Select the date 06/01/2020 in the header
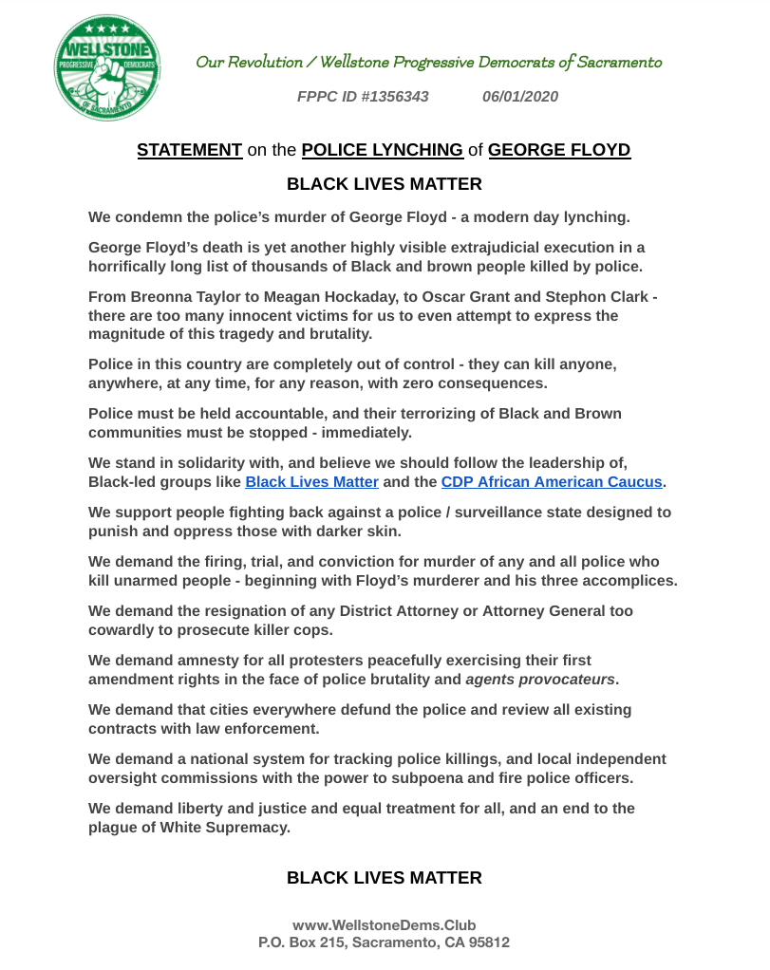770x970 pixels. click(x=520, y=97)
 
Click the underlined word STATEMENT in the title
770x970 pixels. click(x=190, y=150)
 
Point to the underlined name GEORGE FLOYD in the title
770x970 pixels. click(x=559, y=150)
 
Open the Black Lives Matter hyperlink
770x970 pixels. click(x=311, y=482)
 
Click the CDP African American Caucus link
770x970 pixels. click(x=551, y=482)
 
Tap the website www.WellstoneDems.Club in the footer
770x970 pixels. click(x=384, y=925)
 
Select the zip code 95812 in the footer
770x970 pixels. click(x=486, y=943)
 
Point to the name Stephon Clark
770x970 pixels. click(x=604, y=297)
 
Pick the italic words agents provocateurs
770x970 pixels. click(x=539, y=680)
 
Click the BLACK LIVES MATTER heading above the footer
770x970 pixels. click(x=384, y=878)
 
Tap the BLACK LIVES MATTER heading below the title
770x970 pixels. click(x=384, y=184)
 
